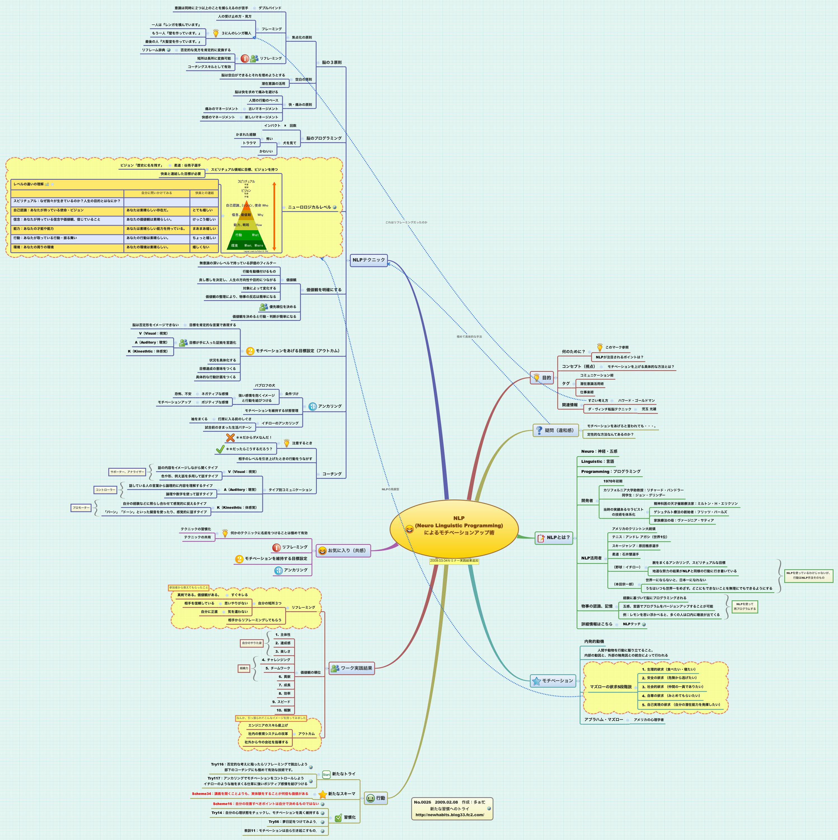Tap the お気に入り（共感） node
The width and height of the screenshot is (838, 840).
[x=343, y=550]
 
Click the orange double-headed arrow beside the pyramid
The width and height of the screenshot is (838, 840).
[x=274, y=216]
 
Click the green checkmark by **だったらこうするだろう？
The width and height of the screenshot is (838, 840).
[x=220, y=449]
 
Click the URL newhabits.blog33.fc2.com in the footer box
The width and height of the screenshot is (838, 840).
[x=450, y=815]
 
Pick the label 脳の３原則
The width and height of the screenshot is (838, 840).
[x=332, y=63]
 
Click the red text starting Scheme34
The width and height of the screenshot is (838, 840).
[x=250, y=794]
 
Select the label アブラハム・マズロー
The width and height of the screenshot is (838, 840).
[x=604, y=720]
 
